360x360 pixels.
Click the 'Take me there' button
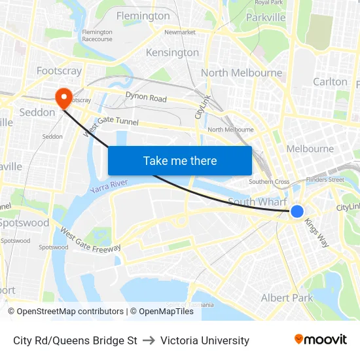pos(180,160)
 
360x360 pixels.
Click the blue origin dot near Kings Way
pos(297,211)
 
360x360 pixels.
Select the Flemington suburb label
pos(143,16)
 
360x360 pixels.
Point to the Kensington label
pos(172,52)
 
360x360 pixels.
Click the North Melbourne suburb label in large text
pos(242,73)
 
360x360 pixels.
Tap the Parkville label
pos(266,17)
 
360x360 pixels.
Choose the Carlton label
pos(331,82)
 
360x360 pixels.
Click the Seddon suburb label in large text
pos(37,112)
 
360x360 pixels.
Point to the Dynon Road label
pos(146,98)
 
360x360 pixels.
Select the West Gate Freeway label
pos(90,240)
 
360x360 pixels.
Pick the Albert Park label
pos(287,298)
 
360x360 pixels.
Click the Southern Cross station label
pos(269,182)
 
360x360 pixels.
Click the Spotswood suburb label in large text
pos(25,223)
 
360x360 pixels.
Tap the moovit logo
pos(321,340)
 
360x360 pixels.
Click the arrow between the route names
pos(149,340)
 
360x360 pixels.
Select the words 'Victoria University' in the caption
pos(205,340)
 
